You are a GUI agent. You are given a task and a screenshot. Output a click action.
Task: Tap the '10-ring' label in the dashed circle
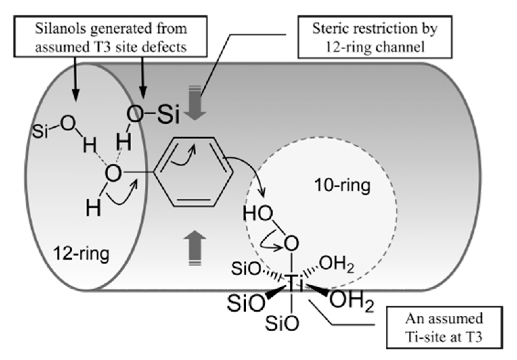[342, 185]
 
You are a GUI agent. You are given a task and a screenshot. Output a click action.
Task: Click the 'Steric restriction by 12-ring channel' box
[375, 37]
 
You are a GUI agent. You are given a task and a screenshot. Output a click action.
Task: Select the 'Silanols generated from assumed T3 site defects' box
[110, 37]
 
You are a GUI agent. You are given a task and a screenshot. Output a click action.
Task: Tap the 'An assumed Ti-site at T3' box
[444, 327]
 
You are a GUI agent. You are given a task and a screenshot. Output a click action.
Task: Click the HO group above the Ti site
[257, 214]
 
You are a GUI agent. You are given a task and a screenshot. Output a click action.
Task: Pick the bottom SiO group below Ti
[282, 323]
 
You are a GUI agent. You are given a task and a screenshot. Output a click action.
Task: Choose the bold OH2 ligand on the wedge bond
[351, 300]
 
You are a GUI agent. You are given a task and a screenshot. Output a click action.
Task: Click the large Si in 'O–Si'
[168, 114]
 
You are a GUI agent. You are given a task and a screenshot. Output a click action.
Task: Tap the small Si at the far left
[40, 131]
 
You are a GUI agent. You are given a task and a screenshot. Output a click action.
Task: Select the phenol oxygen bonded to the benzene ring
[113, 173]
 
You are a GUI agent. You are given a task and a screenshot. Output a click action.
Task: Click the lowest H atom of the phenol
[93, 208]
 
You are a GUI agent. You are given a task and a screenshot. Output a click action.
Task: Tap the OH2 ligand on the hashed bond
[336, 264]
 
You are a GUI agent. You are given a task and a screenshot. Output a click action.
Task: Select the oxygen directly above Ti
[291, 243]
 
